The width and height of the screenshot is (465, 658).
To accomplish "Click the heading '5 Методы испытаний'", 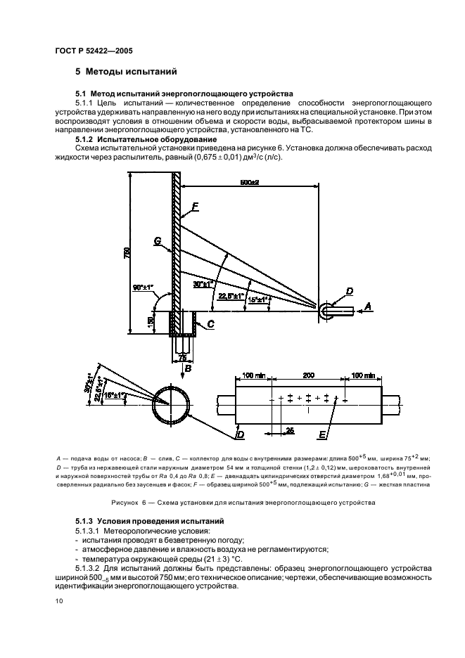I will tap(125, 72).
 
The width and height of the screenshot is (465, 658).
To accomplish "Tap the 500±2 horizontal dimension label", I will tap(250, 183).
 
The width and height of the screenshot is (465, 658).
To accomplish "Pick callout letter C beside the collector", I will tap(210, 324).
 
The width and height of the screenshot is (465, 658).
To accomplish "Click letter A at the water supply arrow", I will tap(367, 307).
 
